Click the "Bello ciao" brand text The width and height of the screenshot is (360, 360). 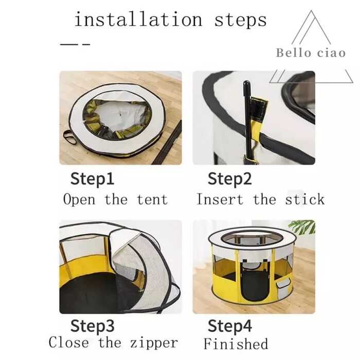[311, 53]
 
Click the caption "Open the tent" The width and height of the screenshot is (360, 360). [115, 200]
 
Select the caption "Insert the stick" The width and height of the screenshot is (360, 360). [260, 200]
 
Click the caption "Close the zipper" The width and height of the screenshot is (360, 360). [113, 343]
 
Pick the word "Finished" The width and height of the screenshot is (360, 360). [236, 344]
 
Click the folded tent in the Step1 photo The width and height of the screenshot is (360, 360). [117, 118]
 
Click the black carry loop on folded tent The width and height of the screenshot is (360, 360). [69, 137]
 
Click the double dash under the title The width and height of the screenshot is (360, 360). [75, 44]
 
